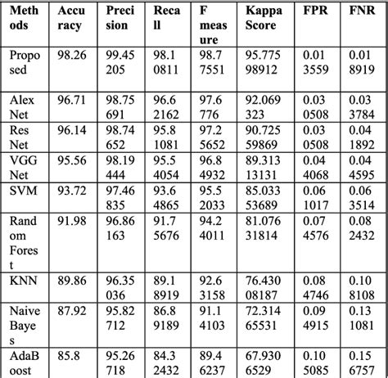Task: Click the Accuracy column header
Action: pos(71,18)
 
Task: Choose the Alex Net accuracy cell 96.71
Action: pos(71,99)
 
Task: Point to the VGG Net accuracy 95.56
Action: pos(71,160)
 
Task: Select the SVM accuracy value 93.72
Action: pos(71,191)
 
